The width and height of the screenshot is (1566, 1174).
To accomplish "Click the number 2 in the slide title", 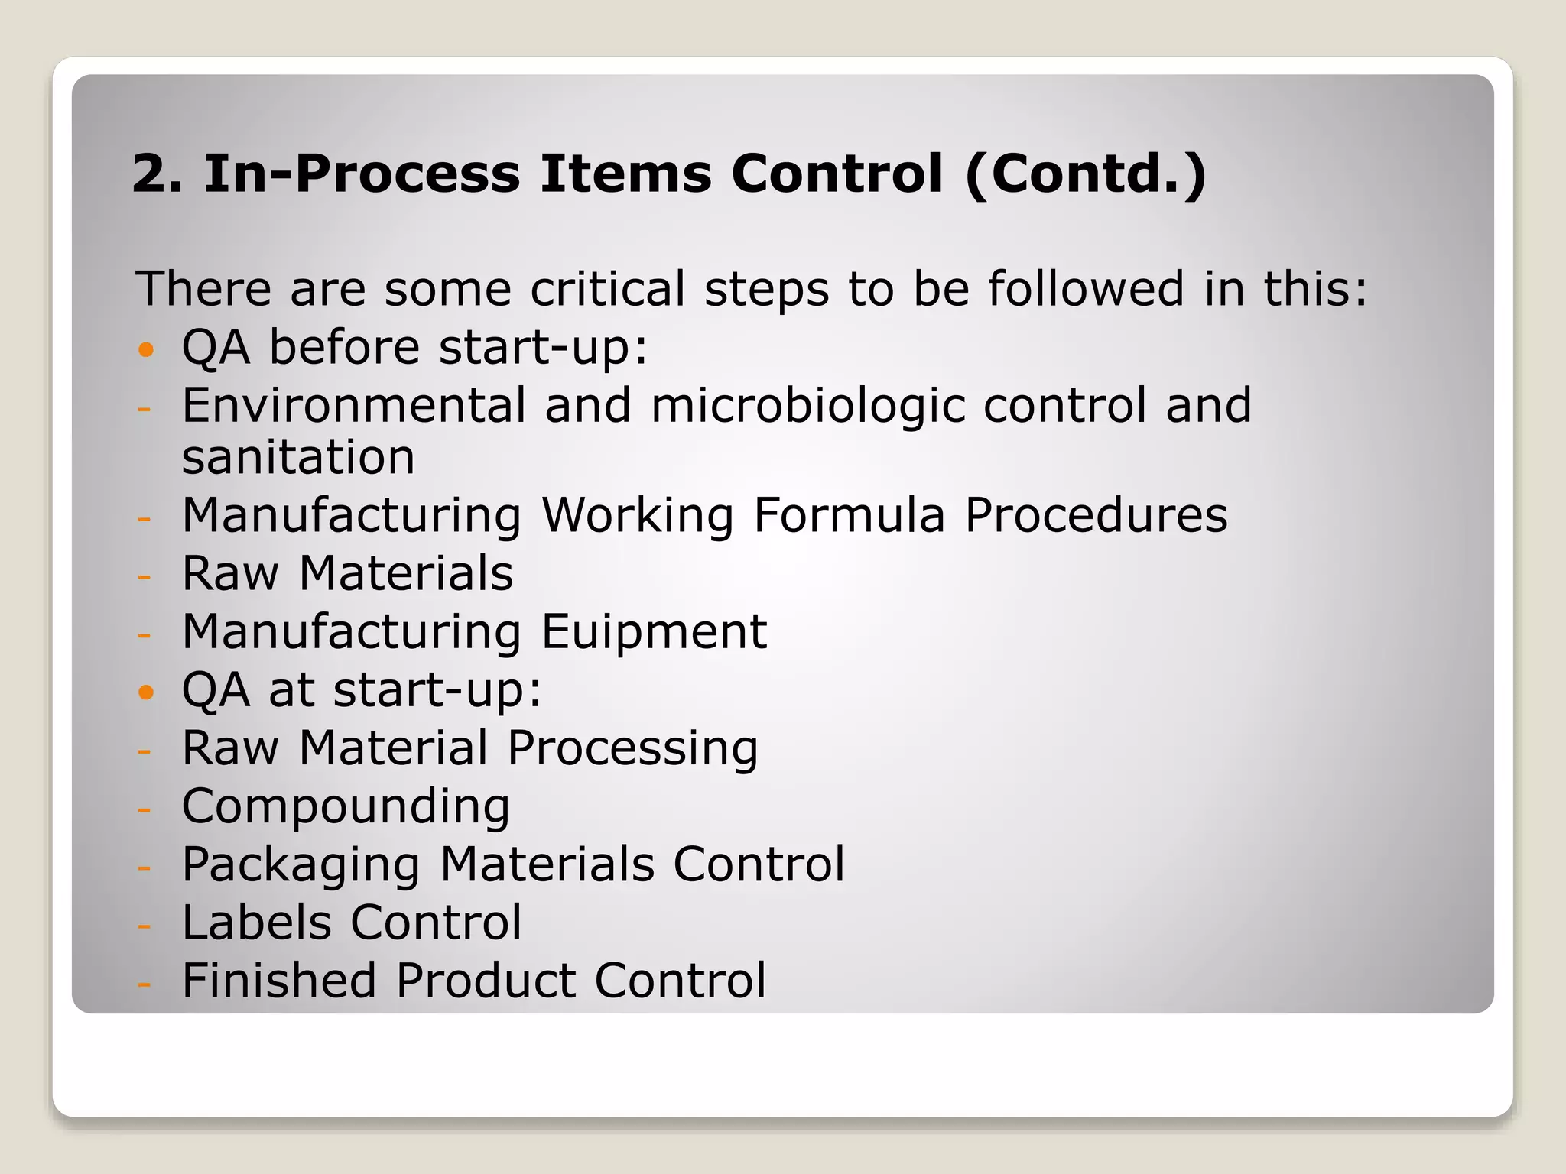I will pos(151,174).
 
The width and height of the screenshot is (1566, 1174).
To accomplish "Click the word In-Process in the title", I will pos(362,174).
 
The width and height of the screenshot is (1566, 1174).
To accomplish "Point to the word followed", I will pos(1086,289).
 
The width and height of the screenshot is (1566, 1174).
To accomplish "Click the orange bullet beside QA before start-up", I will pos(146,351).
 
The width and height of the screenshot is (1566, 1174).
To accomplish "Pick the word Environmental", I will pos(354,405).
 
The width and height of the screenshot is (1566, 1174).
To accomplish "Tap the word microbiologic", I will pos(808,407).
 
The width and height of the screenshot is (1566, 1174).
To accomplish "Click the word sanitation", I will pos(298,457).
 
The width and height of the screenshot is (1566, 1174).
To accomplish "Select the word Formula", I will pos(850,515).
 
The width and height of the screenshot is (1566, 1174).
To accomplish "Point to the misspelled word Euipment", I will pos(654,633).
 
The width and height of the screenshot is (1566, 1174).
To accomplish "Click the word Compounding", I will pos(346,807).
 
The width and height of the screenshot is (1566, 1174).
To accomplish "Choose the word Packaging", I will pos(301,865).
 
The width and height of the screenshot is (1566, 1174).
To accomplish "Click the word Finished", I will pos(279,980).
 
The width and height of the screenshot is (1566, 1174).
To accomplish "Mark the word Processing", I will pos(632,749).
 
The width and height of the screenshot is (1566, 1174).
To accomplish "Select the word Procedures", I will pos(1096,515).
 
